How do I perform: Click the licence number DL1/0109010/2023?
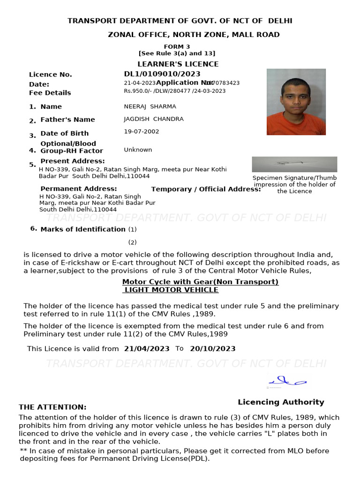(162, 74)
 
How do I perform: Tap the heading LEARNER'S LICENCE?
(178, 64)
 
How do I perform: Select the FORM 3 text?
(177, 46)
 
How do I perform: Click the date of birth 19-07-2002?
(141, 132)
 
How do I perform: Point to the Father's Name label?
(67, 120)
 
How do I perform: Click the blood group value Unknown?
(138, 150)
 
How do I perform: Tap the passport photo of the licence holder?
(296, 102)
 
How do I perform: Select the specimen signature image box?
(294, 164)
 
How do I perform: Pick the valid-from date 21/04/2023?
(147, 349)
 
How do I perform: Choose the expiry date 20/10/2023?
(212, 349)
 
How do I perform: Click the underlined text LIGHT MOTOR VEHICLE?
(171, 290)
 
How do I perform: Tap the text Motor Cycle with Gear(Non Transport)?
(200, 282)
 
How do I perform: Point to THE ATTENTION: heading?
(52, 407)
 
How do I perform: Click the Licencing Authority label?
(281, 402)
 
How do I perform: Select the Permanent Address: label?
(78, 189)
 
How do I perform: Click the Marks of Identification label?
(83, 229)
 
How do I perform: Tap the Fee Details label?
(50, 93)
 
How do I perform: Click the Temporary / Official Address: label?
(206, 189)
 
